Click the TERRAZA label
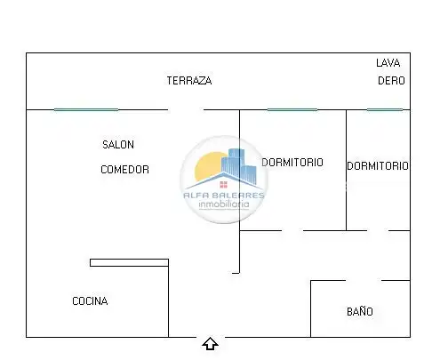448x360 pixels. coord(189,81)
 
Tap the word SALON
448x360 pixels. coord(118,145)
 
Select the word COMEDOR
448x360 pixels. coord(124,170)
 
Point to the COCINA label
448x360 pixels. coord(90,301)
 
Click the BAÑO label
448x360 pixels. coord(360,311)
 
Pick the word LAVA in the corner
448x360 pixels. coord(388,63)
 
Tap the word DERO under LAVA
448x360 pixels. coord(391,81)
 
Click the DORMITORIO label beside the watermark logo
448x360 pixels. coord(292,163)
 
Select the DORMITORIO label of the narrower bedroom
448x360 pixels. coord(378,166)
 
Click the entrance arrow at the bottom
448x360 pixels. coord(211,344)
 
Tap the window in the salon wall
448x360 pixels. coord(86,110)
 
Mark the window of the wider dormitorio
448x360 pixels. coord(292,110)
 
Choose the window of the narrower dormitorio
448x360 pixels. coord(385,110)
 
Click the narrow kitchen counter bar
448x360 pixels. coord(129,262)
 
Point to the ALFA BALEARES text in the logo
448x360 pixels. coord(224,196)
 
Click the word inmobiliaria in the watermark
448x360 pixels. coord(224,204)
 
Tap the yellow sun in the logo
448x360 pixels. coord(207,166)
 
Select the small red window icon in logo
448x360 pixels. coord(224,185)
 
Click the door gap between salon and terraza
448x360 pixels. coord(186,110)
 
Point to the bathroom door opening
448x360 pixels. coord(364,280)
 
